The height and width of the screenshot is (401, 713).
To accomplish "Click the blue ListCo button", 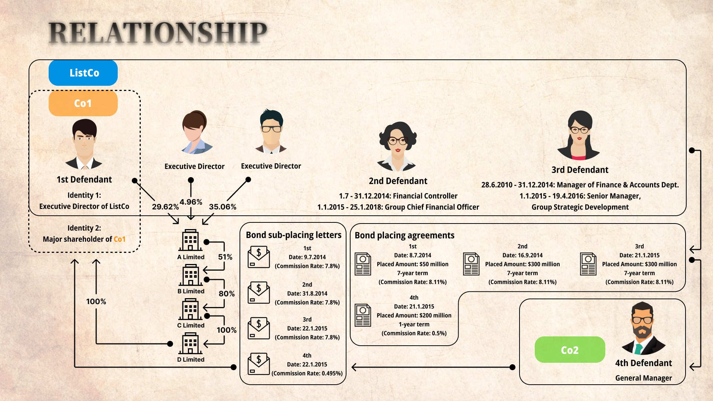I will pos(83,73).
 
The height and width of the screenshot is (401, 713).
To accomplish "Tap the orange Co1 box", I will pos(83,103).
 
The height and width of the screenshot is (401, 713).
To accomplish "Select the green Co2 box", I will pos(570,350).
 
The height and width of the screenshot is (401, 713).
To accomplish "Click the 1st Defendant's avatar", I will pos(84,144).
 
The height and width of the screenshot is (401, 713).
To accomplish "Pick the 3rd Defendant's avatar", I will pos(579,135).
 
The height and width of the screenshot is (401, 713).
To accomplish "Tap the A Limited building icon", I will pos(191,240).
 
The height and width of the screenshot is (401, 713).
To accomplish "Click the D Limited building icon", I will pos(191,343).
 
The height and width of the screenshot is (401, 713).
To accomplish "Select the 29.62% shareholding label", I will pos(165,207).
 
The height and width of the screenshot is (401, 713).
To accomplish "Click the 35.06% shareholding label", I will pos(222,207).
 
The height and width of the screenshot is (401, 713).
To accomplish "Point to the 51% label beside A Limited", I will pos(225,257).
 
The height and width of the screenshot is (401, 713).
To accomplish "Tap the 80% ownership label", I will pos(227,294).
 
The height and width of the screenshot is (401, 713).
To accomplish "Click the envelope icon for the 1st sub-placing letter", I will pos(258,257).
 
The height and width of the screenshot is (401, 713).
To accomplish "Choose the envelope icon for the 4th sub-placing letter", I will pos(258,364).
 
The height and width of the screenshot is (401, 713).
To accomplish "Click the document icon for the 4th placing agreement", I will pos(363,315).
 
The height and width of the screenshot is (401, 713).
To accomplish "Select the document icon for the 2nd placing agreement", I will pos(471,264).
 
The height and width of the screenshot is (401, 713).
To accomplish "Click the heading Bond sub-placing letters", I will pos(293,235).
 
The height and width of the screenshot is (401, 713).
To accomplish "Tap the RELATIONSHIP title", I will pos(158,33).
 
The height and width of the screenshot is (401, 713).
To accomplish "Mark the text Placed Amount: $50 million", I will pos(413,264).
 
